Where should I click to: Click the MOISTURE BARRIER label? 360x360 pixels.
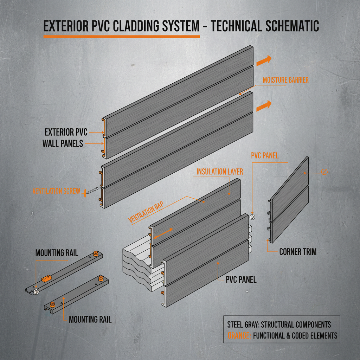[285, 80]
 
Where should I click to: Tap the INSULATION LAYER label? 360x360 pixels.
[220, 172]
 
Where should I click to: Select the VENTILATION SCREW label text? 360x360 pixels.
[57, 192]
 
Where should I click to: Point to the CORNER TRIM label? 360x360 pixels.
[298, 252]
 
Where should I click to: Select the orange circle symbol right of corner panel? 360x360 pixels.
[324, 172]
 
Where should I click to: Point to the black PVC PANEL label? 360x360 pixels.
[241, 280]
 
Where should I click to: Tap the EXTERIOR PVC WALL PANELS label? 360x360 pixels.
[64, 138]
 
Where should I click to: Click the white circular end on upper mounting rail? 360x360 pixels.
[36, 291]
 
